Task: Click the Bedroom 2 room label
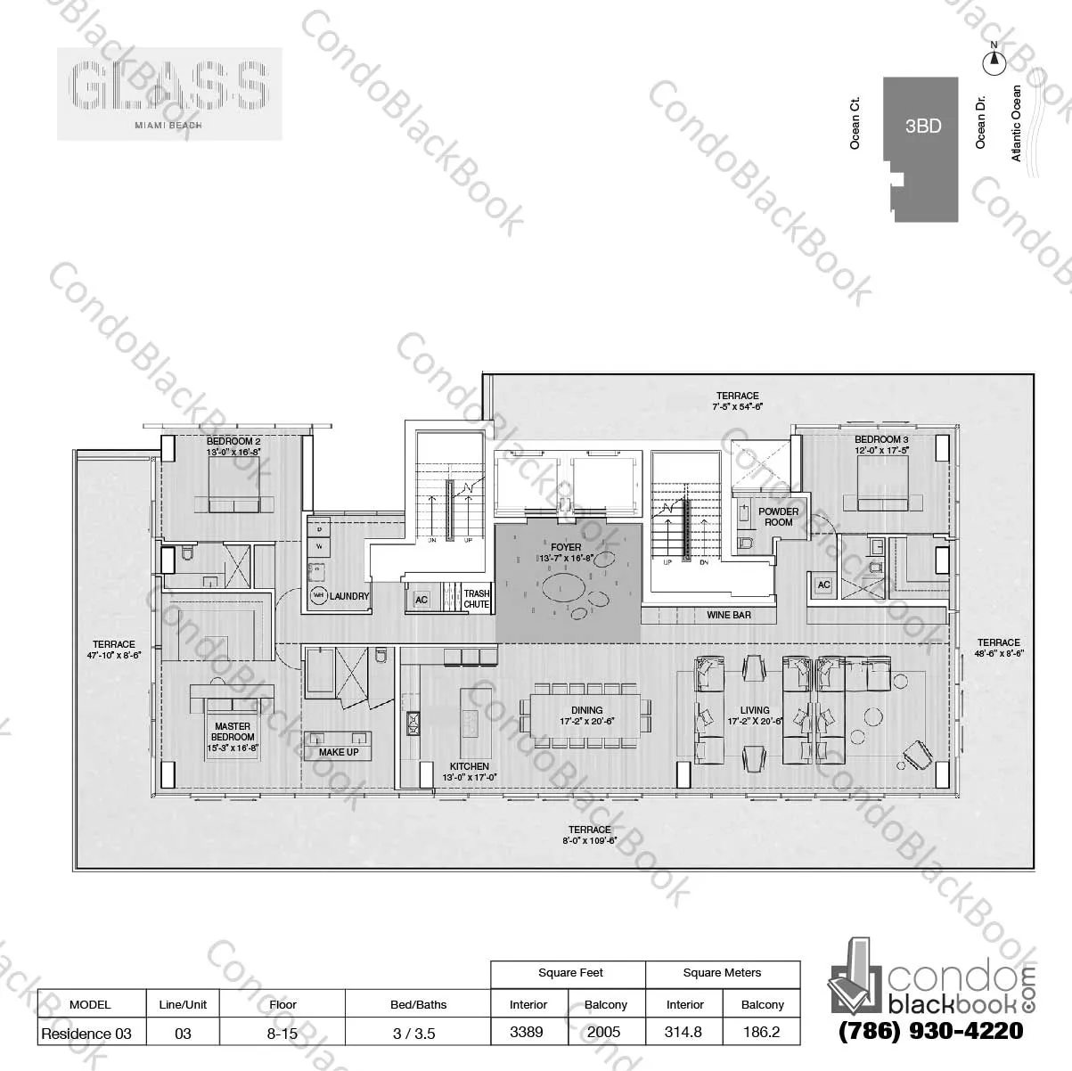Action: (x=233, y=440)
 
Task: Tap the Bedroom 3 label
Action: (x=881, y=439)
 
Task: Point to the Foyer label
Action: (x=566, y=547)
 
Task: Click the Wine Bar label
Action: (x=729, y=615)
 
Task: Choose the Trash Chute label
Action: (x=477, y=599)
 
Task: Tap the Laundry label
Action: (x=348, y=596)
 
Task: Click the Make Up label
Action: (x=339, y=752)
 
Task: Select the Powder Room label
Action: (x=778, y=517)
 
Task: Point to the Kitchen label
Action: (x=469, y=766)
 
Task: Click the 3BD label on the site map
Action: (x=922, y=126)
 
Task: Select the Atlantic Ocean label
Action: (x=1017, y=123)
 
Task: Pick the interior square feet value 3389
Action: (x=528, y=1033)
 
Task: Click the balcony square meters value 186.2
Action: (x=762, y=1033)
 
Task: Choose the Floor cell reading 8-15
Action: (x=282, y=1033)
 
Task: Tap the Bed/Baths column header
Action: (x=418, y=1004)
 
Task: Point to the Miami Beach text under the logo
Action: (x=168, y=126)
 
